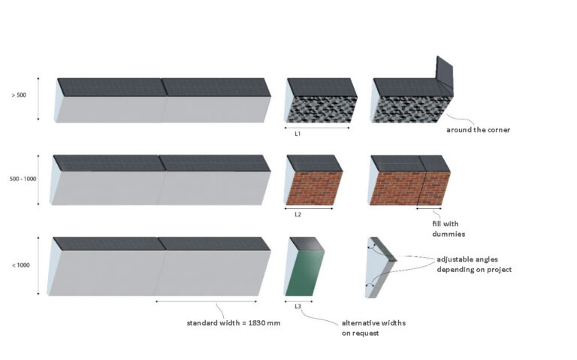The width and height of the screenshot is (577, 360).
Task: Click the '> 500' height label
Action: pyautogui.click(x=19, y=95)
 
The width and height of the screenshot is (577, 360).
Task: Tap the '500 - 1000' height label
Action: pyautogui.click(x=23, y=179)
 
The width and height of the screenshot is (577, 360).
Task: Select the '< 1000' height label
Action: pyautogui.click(x=20, y=265)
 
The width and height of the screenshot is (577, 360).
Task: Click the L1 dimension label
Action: pyautogui.click(x=298, y=134)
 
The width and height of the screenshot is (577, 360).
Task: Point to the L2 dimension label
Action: pyautogui.click(x=298, y=214)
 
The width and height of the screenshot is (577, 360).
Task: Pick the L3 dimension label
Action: pyautogui.click(x=298, y=306)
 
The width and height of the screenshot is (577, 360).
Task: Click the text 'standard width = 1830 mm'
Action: pyautogui.click(x=234, y=323)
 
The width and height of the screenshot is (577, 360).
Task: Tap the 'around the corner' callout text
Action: pyautogui.click(x=478, y=130)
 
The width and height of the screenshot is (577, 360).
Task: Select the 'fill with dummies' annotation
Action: pyautogui.click(x=449, y=228)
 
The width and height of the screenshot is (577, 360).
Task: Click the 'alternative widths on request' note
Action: pyautogui.click(x=373, y=328)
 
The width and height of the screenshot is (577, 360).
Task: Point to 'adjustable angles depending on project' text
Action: pyautogui.click(x=474, y=265)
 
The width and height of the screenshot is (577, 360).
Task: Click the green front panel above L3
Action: pyautogui.click(x=306, y=273)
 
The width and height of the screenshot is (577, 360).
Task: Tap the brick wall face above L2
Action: pyautogui.click(x=315, y=188)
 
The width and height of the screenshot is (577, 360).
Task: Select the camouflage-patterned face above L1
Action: pyautogui.click(x=322, y=109)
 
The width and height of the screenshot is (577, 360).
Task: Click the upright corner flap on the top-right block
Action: pyautogui.click(x=445, y=76)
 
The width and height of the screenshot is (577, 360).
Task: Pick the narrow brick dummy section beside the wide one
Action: pyautogui.click(x=434, y=188)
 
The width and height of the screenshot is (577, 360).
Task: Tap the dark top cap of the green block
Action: pyautogui.click(x=307, y=244)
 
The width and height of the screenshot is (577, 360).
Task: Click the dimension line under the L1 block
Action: pyautogui.click(x=317, y=128)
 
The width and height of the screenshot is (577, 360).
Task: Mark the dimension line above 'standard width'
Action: pyautogui.click(x=206, y=301)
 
